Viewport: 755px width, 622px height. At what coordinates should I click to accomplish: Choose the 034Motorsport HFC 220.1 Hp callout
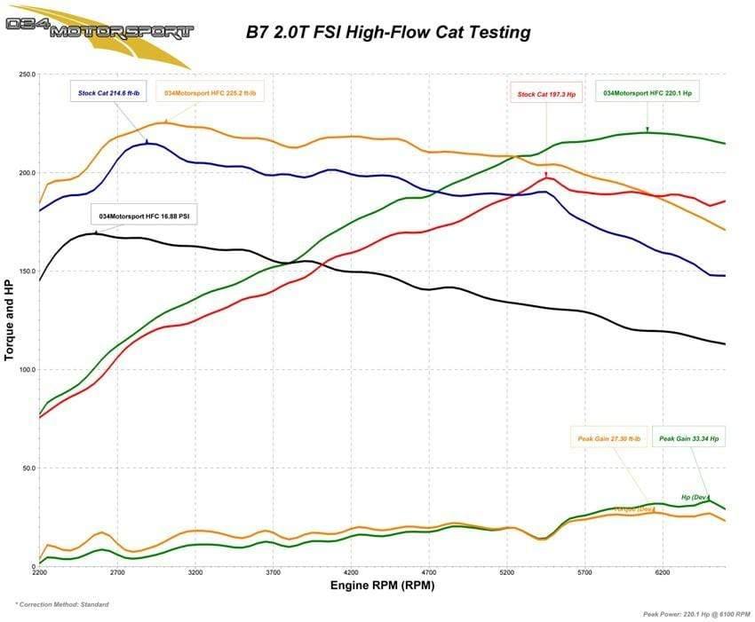(646, 92)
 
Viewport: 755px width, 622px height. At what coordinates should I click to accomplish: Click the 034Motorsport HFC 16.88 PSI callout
(144, 216)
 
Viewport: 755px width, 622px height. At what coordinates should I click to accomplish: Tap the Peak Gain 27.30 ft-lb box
(608, 438)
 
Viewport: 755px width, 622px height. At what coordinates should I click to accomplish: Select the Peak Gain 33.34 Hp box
(689, 438)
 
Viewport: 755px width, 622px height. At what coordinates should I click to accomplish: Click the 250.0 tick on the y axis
(26, 75)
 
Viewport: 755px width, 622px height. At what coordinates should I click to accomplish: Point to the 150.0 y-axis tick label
(26, 272)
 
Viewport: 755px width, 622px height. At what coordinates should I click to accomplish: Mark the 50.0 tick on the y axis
(28, 468)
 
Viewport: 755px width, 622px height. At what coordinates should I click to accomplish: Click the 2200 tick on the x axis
(40, 574)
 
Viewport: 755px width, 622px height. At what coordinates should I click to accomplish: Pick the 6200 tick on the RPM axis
(662, 574)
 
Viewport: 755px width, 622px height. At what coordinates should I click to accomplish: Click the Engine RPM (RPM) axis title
(383, 587)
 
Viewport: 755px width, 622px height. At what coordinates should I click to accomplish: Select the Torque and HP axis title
(10, 319)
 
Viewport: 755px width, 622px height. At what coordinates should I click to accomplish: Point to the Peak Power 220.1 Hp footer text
(696, 613)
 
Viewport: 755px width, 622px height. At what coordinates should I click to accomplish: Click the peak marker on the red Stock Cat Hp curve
(546, 176)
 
